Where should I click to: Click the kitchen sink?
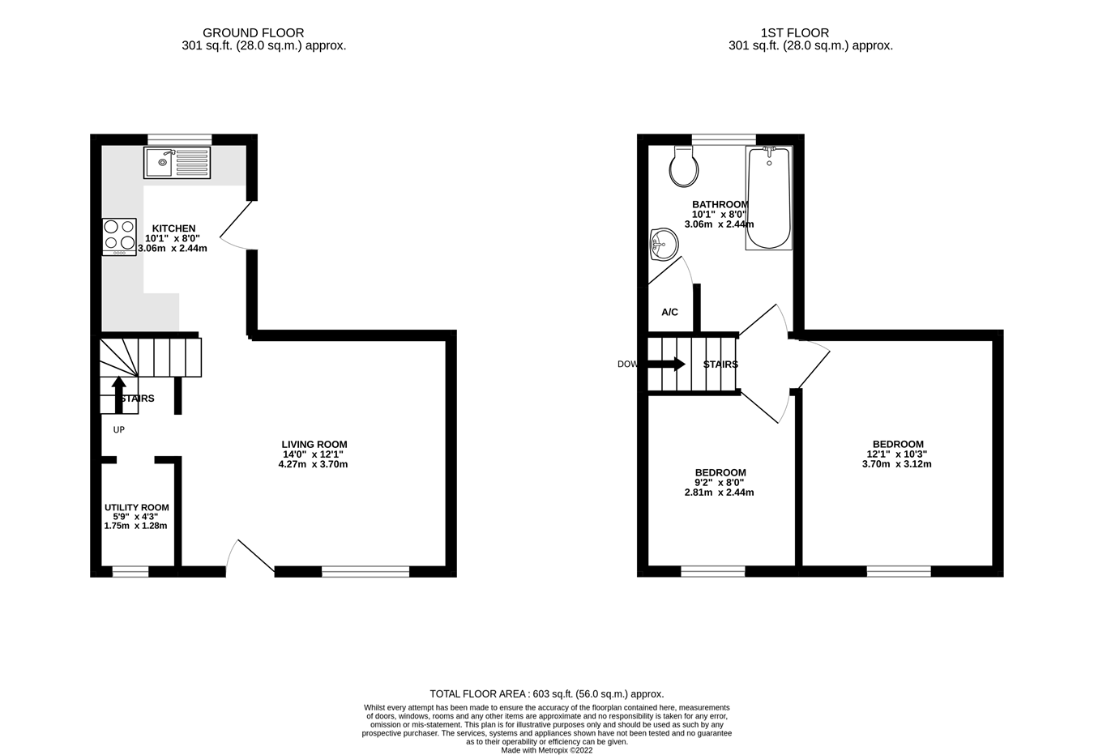pos(177,163)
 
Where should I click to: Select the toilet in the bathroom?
pos(684,168)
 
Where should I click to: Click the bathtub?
pos(768,198)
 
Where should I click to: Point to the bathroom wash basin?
pos(664,244)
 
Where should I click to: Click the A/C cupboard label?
pos(669,312)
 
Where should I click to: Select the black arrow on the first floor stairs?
pos(667,365)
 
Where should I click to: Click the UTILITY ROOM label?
pos(136,508)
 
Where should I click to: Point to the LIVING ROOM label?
pos(314,445)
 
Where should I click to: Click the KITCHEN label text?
pos(173,228)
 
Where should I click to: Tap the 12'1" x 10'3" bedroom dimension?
pos(897,454)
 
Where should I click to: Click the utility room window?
pos(130,572)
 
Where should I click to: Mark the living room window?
pos(365,572)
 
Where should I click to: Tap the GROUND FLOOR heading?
pos(253,33)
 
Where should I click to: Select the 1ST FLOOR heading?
pos(794,33)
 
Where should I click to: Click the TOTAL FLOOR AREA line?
pos(546,694)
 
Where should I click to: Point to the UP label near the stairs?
pos(119,430)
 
